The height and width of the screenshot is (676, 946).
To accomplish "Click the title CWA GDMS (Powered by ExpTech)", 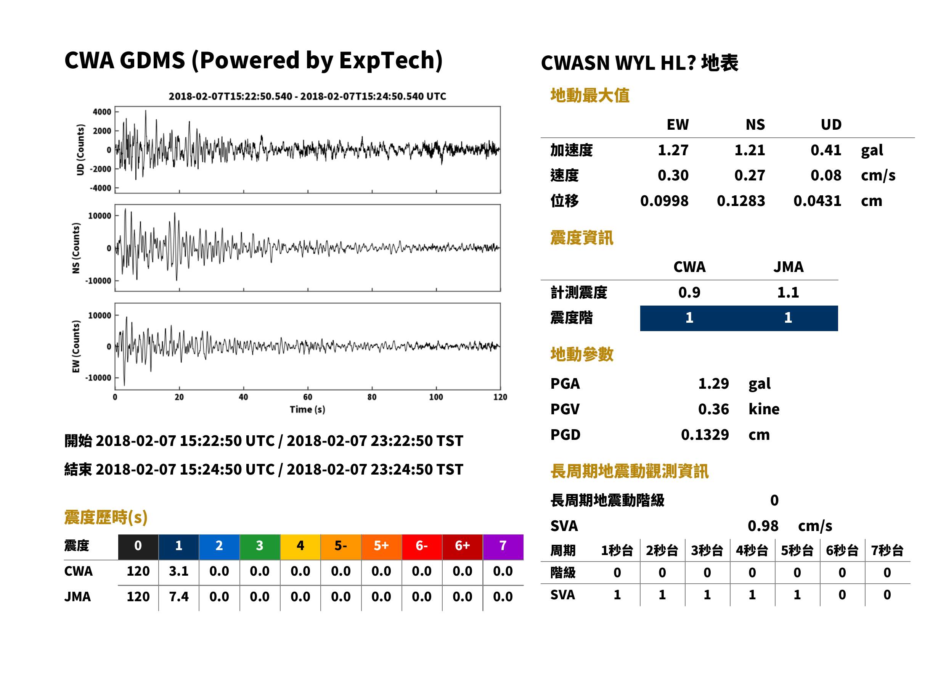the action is click(253, 61).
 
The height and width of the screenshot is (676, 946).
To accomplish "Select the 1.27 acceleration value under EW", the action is click(673, 150).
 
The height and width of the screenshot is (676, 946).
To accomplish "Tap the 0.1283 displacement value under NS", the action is click(740, 201).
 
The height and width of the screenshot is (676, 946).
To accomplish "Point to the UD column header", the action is click(831, 125).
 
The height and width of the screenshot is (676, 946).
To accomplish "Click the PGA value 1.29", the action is click(713, 384).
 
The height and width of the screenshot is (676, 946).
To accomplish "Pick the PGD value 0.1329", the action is click(705, 435).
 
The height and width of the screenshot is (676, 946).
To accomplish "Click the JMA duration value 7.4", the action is click(178, 597).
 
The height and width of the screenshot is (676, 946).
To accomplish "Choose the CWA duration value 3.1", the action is click(178, 571).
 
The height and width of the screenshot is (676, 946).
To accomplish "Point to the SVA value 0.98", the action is click(763, 526).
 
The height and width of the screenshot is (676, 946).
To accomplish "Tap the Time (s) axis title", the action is click(307, 410).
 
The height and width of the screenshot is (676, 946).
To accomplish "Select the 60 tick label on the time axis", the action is click(307, 397).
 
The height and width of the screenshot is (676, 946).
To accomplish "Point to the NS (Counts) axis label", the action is click(76, 248).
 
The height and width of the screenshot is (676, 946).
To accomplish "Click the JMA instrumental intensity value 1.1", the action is click(788, 293).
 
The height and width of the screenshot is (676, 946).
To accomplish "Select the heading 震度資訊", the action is click(581, 238).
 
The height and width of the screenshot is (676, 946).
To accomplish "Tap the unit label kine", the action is click(764, 409).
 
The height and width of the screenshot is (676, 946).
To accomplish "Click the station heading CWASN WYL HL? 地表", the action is click(639, 63).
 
